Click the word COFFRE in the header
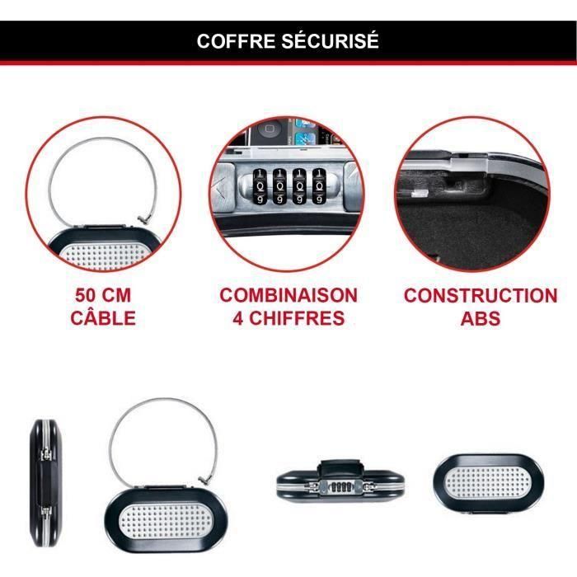tap(235, 41)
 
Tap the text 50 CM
tap(103, 295)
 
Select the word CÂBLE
tap(103, 317)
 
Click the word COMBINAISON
tap(288, 295)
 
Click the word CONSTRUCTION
tap(481, 295)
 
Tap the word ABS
tap(481, 317)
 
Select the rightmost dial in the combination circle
tap(316, 185)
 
